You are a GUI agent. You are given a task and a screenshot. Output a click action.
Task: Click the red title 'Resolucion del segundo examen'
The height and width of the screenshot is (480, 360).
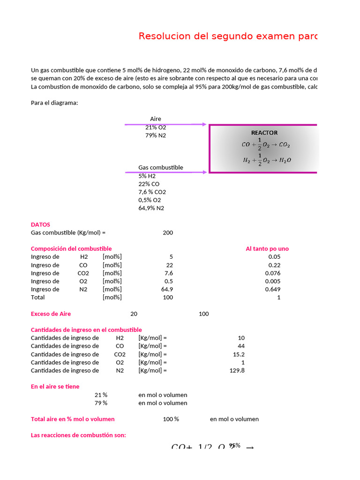(228, 37)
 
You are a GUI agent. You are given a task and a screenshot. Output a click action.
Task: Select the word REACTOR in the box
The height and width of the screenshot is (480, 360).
(264, 133)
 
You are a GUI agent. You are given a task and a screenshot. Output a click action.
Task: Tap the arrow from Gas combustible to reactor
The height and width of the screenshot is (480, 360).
(166, 172)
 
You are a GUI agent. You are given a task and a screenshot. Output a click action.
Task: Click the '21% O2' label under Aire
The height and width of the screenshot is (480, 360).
(156, 127)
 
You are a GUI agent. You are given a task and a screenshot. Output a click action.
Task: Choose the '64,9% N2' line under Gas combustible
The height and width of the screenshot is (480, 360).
(151, 208)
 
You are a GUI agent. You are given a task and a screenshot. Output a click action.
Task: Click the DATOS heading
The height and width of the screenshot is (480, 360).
(40, 225)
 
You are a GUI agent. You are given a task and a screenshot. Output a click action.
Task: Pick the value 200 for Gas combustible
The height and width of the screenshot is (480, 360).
(168, 232)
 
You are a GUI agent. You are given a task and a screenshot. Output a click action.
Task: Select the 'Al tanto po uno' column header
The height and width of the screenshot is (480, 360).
(267, 249)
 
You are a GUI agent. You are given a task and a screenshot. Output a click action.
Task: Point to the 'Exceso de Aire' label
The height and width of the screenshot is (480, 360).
(51, 314)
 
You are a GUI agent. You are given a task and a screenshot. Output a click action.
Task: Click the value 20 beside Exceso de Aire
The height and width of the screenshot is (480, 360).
(134, 314)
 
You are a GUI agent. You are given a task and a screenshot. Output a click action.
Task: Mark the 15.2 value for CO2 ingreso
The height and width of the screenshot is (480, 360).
(239, 354)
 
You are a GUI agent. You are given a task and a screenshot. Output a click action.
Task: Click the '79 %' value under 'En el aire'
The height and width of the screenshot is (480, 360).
(101, 403)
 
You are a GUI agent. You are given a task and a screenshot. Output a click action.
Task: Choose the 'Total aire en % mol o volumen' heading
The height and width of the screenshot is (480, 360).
(73, 419)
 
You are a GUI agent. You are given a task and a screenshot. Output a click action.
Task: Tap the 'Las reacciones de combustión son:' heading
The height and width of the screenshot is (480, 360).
(78, 435)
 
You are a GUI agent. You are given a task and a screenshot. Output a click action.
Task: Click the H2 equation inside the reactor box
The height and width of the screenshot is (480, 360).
(267, 159)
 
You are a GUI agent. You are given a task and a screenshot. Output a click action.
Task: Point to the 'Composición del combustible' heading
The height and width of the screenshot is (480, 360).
(71, 249)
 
